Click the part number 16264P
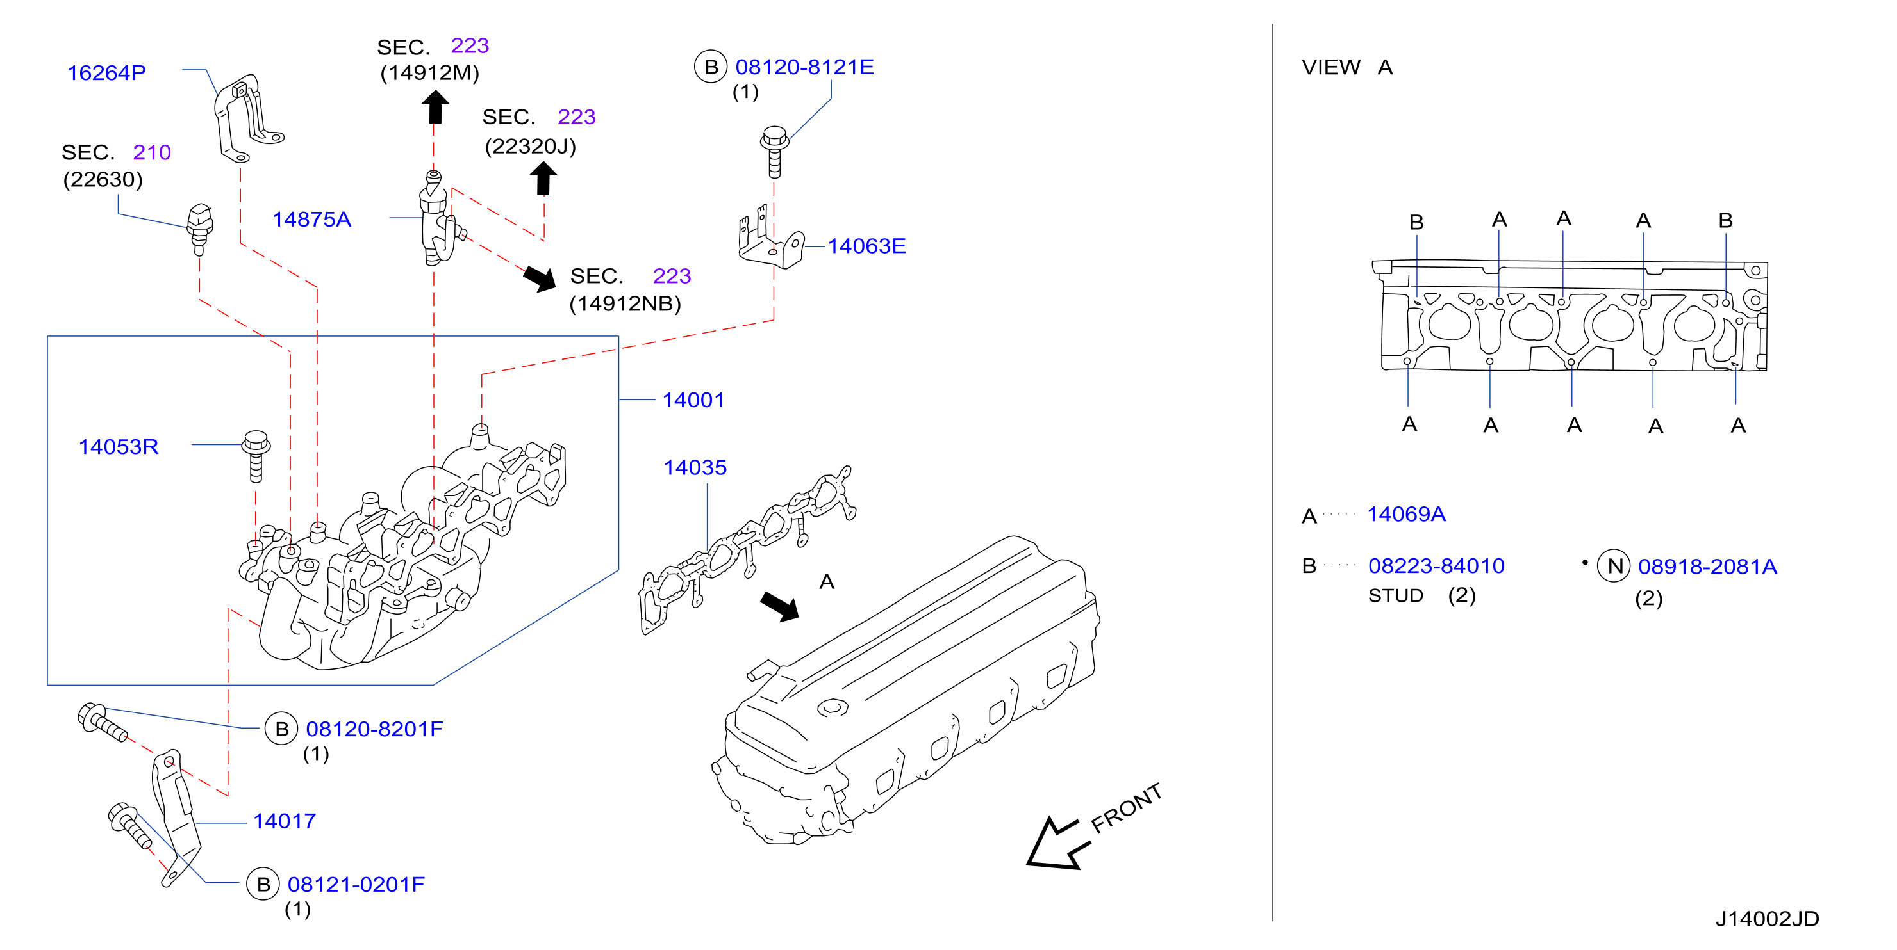(107, 73)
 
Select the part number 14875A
(311, 220)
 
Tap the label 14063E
(866, 246)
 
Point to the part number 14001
(693, 399)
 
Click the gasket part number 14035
(695, 467)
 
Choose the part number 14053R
(119, 447)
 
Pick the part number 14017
(285, 821)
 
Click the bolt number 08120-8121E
(804, 67)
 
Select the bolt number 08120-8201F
(374, 729)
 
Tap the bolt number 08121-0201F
(356, 884)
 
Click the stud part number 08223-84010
(1436, 566)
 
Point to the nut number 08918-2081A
(1707, 567)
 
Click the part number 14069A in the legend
(1406, 514)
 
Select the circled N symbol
(1614, 566)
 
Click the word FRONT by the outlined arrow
(1126, 808)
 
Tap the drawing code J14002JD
(1767, 919)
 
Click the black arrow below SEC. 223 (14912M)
(435, 107)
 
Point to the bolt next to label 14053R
(256, 456)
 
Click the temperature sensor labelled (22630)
(199, 229)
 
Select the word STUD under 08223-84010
(1395, 595)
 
